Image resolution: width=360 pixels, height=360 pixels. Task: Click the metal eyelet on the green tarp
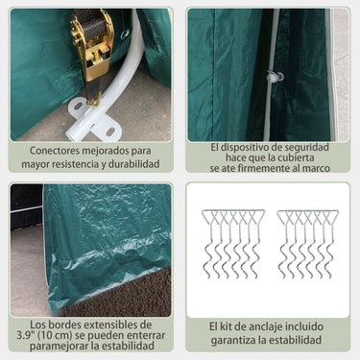click(x=125, y=34)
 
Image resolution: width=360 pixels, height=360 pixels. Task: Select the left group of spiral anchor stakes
click(x=233, y=244)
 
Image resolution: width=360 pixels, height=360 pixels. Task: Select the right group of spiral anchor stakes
click(x=308, y=244)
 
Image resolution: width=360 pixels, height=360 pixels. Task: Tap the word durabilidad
click(x=133, y=164)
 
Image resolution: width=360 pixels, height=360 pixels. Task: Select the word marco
click(x=318, y=168)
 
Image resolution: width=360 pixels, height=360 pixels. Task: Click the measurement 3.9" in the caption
click(x=25, y=335)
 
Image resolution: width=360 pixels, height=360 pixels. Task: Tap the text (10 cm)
click(x=52, y=335)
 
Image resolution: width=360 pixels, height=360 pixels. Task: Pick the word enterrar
click(x=146, y=336)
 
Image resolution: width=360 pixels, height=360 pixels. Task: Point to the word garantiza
click(x=231, y=340)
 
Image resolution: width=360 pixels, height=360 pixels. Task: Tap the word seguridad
click(x=304, y=148)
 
